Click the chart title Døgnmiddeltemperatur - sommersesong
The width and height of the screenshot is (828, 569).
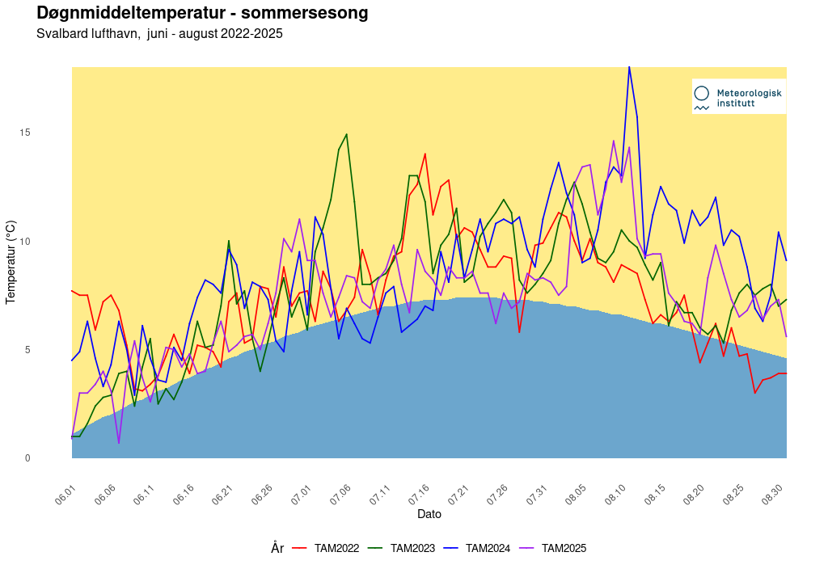pos(202,13)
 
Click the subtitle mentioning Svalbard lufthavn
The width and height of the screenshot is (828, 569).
pos(159,34)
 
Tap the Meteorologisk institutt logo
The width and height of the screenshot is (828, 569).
pos(737,98)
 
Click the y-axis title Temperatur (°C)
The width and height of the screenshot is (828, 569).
pos(11,262)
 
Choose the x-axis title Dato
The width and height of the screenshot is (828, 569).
pos(429,514)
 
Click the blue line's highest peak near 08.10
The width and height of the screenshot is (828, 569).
pos(629,68)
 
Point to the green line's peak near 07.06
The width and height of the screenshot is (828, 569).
pos(346,135)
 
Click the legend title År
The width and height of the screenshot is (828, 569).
pos(277,548)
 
